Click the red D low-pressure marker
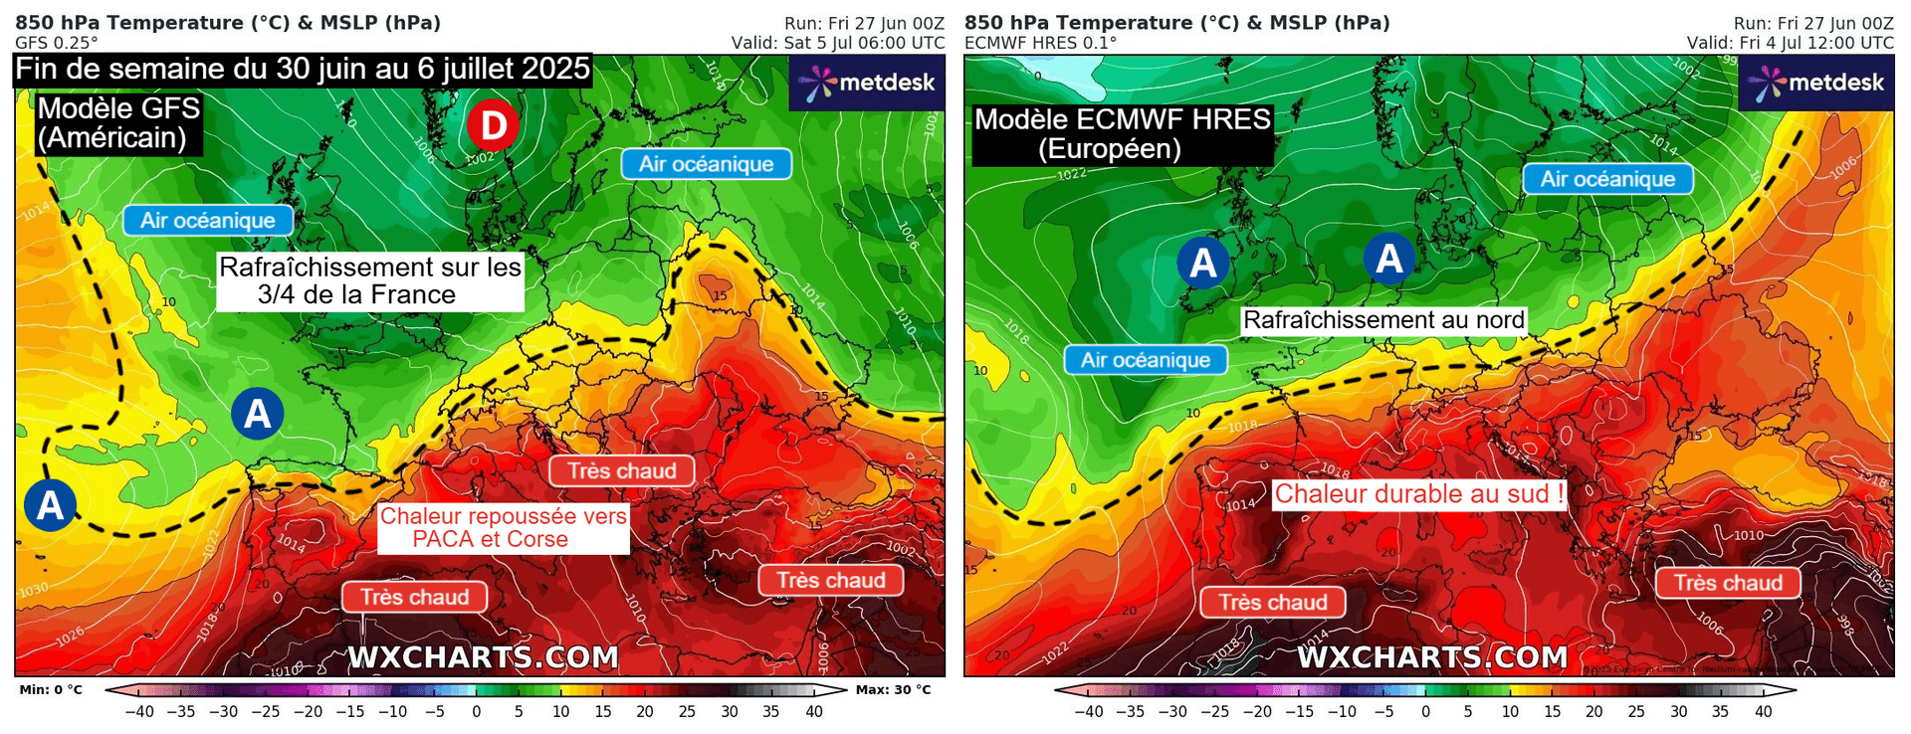(x=493, y=125)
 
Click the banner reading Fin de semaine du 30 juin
(x=303, y=70)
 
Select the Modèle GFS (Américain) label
(x=118, y=123)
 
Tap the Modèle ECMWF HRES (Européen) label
(x=1122, y=134)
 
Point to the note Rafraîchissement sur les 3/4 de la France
(x=369, y=281)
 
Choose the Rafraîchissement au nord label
(x=1383, y=320)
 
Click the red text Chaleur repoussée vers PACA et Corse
(x=503, y=528)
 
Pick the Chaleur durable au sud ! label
(x=1419, y=494)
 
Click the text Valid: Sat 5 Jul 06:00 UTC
(x=837, y=43)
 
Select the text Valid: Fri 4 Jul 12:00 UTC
(x=1790, y=43)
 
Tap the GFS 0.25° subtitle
(x=57, y=43)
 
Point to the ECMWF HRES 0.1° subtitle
(x=1040, y=43)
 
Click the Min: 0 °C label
(x=51, y=690)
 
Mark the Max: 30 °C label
(x=893, y=690)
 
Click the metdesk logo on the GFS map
(x=867, y=83)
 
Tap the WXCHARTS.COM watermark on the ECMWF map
(x=1431, y=657)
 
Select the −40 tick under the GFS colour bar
(x=138, y=712)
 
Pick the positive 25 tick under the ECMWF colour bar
(x=1636, y=712)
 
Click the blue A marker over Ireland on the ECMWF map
(x=1202, y=263)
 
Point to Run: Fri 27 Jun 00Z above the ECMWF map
(x=1812, y=23)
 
